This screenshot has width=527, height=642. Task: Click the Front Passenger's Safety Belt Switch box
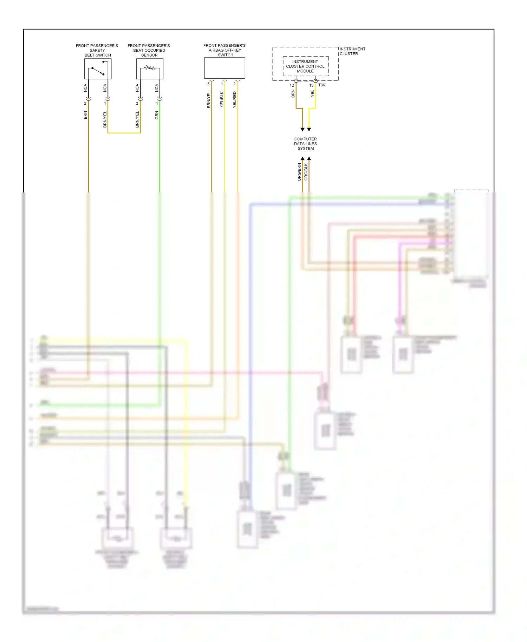point(98,69)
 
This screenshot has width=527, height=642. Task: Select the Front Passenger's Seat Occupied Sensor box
point(150,69)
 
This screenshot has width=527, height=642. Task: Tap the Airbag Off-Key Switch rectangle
point(225,68)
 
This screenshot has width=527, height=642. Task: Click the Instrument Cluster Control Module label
point(305,66)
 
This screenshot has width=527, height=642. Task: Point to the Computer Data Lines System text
point(305,144)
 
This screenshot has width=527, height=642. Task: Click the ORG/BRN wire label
point(299,172)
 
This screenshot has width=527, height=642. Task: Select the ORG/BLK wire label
point(306,172)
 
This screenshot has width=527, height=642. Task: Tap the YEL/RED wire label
point(235,100)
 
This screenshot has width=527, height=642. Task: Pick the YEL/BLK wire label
point(222,100)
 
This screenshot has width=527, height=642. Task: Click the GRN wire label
point(157,115)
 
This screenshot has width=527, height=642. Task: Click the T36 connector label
point(321,85)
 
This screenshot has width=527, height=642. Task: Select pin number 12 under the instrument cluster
point(292,85)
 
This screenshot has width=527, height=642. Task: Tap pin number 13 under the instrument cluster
point(311,85)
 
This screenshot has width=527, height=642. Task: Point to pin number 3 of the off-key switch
point(208,84)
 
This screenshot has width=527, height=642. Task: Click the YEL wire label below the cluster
point(312,93)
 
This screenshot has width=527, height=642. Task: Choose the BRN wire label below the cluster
point(293,94)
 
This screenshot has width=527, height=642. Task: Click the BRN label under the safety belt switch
point(85,115)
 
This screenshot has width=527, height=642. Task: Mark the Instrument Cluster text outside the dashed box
point(352,51)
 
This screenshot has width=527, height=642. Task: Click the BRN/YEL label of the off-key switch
point(209,100)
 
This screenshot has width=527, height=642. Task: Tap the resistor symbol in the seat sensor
point(150,67)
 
